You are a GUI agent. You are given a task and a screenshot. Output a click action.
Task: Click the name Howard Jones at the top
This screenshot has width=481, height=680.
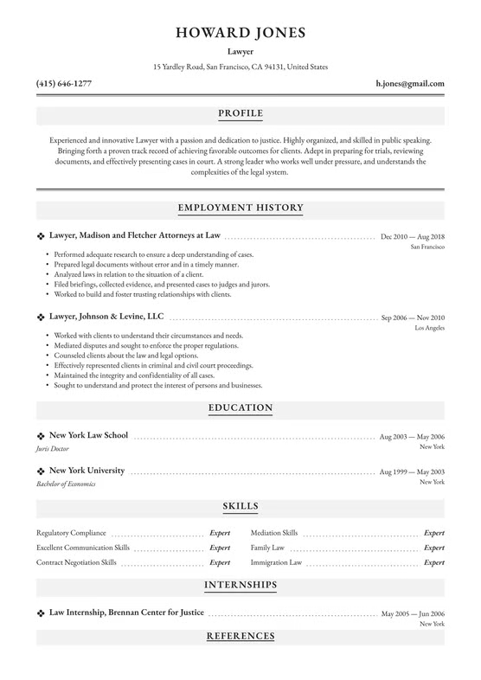[x=240, y=34]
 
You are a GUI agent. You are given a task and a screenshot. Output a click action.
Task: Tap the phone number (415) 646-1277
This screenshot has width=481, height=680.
[x=64, y=84]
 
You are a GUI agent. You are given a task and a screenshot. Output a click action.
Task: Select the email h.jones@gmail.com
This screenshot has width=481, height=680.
[x=410, y=84]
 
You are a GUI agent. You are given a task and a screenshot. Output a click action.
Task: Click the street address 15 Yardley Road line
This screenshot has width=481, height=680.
[x=240, y=67]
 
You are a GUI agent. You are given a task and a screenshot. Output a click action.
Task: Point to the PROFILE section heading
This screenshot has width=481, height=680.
[x=240, y=113]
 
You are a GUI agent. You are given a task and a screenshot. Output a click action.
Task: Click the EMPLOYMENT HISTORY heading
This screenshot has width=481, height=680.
[x=240, y=208]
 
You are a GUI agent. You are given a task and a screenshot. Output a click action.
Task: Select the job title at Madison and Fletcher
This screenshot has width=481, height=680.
[x=135, y=234]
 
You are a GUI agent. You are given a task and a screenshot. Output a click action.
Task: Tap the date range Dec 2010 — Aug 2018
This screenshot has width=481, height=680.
[x=413, y=236]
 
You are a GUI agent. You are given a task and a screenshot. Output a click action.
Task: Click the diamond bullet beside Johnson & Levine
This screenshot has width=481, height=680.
[x=41, y=318]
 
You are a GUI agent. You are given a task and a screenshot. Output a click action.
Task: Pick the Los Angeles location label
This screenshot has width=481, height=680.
[x=430, y=330]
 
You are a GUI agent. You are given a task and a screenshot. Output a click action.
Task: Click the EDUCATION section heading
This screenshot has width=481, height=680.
[x=240, y=407]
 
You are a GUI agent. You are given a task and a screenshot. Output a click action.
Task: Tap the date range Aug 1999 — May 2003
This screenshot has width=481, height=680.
[x=413, y=472]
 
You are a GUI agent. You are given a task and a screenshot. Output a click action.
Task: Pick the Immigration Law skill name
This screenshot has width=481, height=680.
[x=276, y=562]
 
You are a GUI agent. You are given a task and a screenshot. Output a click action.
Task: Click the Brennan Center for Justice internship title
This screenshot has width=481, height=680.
[x=126, y=612]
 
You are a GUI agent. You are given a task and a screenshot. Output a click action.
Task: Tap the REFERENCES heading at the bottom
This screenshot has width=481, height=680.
[x=240, y=636]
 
